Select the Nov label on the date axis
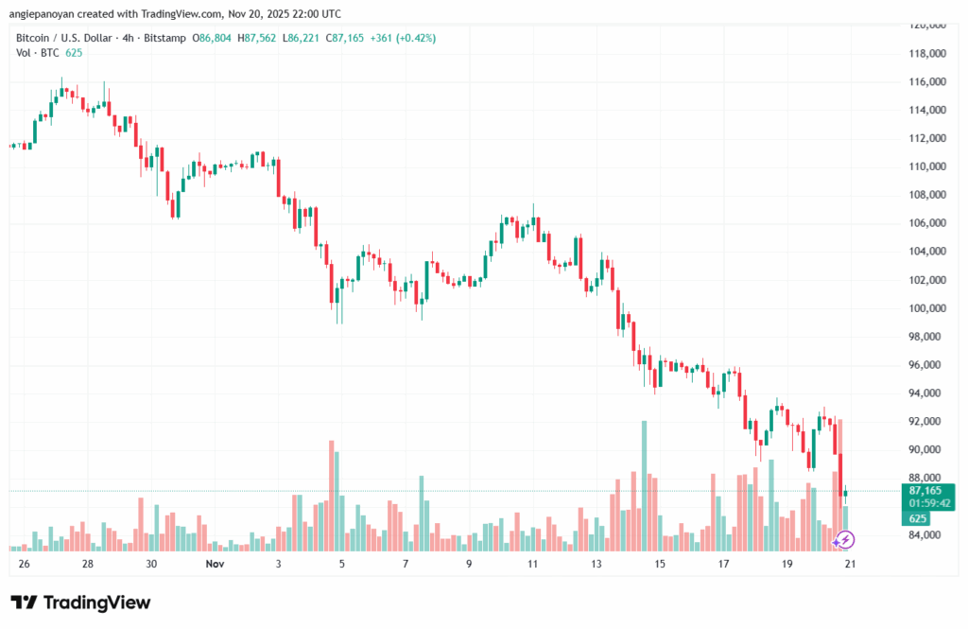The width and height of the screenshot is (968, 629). pos(214,564)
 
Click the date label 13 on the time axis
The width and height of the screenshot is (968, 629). pos(596,564)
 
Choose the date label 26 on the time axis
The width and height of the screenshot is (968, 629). pos(24,564)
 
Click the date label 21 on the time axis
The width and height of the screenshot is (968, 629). pos(849,564)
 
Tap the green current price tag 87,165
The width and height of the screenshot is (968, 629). pos(925,491)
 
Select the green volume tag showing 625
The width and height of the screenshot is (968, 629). pos(919,518)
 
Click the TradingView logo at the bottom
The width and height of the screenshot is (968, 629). pos(80,603)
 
